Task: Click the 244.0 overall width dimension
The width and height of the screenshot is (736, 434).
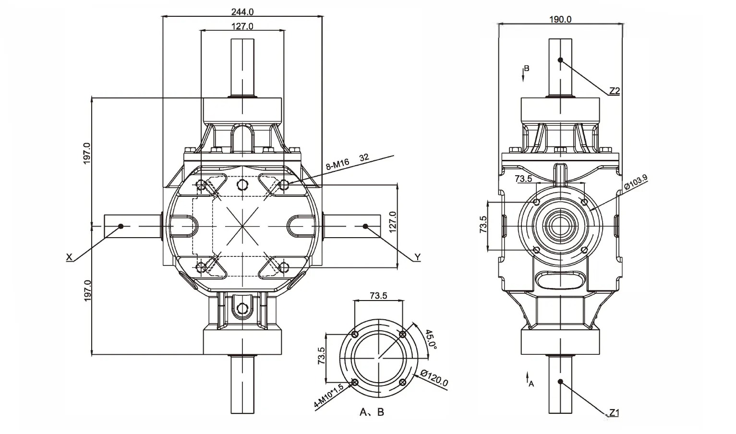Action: point(242,11)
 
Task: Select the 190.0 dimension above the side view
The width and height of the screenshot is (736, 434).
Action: point(560,19)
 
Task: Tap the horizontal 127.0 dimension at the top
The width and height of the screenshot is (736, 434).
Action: point(242,26)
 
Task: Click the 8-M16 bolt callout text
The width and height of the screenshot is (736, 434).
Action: point(338,165)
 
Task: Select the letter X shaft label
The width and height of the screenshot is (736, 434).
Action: point(69,258)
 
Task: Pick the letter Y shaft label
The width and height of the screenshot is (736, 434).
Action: point(417,258)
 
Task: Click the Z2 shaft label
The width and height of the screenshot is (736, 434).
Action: point(614,91)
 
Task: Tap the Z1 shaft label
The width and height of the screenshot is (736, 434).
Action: point(614,412)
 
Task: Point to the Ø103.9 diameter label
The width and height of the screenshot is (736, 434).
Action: point(636,183)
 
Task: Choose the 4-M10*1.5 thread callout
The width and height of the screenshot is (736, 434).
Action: point(329,397)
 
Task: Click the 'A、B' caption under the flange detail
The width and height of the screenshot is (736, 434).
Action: point(372,412)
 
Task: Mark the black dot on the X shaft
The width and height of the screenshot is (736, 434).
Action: point(121,226)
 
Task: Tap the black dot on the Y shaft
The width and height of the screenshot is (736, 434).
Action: point(365,226)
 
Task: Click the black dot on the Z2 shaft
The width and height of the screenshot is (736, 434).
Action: point(560,60)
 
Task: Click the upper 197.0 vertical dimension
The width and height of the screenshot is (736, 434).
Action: point(87,153)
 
